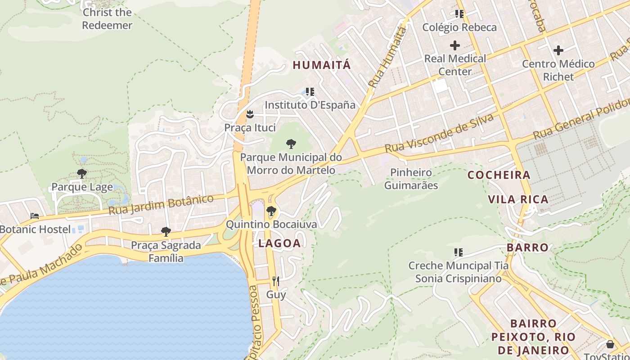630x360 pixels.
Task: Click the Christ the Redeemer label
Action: coord(107,19)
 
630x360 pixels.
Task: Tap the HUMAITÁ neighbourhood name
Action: coord(321,65)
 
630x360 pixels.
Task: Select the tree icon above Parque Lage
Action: coord(81,173)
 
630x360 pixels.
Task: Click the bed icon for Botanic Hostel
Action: coord(35,216)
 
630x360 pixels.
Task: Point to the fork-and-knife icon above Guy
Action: coord(276,281)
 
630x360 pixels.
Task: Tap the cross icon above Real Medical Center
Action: coord(455,45)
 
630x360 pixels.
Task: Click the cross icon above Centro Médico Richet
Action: coord(558,50)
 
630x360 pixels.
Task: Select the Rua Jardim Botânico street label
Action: coord(161,205)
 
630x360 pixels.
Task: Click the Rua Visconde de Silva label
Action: coord(439,133)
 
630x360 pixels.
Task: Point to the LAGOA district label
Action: coord(279,243)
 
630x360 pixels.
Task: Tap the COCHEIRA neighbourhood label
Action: coord(499,175)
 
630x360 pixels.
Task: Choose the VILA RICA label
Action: coord(518,199)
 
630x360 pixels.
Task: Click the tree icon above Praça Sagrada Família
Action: coord(166,232)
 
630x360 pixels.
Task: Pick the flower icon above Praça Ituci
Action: coord(250,114)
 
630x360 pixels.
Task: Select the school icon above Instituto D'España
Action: coord(310,92)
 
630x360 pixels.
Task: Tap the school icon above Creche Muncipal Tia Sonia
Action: coord(459,252)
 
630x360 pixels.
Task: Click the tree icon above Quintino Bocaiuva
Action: coord(271,211)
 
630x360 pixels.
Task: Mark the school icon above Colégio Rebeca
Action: coord(459,14)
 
